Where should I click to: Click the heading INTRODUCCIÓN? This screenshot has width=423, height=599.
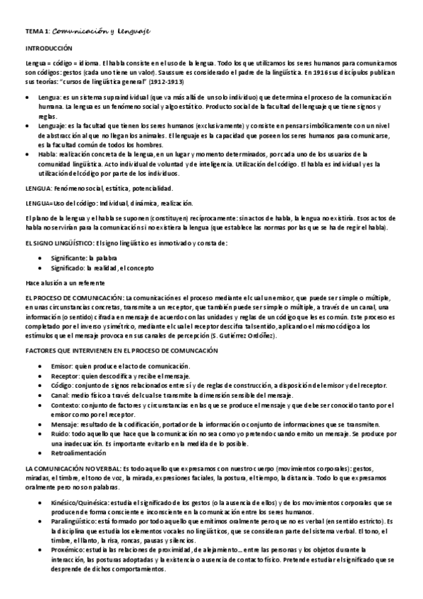(49, 48)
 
